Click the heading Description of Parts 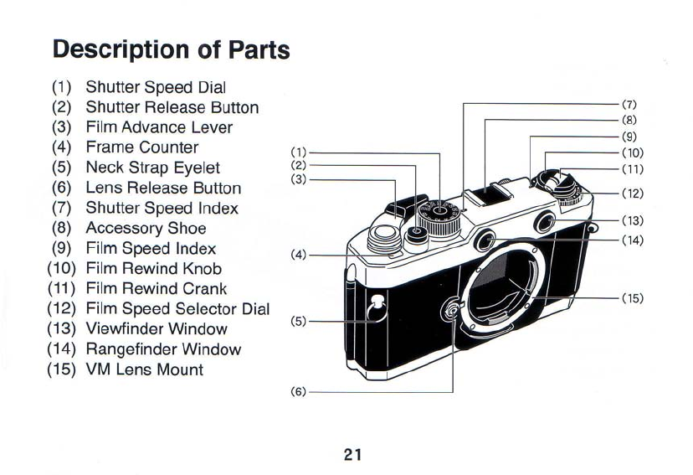click(171, 49)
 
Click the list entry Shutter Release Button click(172, 107)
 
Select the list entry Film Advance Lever click(159, 127)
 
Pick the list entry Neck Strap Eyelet click(152, 168)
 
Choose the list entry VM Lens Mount click(144, 369)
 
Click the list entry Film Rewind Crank click(156, 289)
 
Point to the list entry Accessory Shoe click(146, 228)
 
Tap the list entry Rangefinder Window click(163, 349)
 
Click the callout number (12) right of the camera click(632, 194)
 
